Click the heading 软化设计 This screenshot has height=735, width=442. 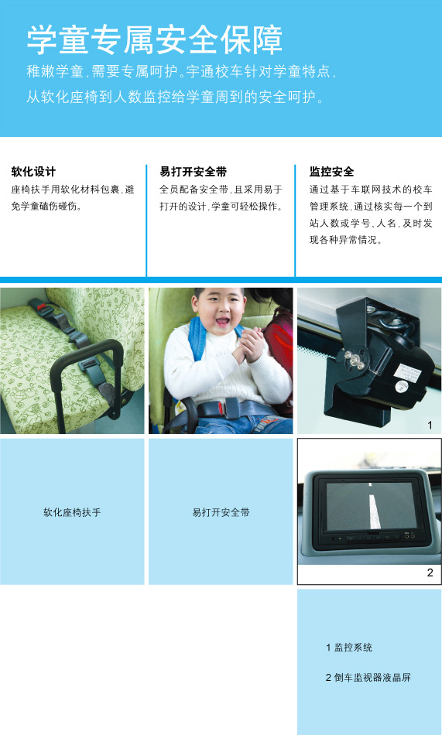click(x=33, y=171)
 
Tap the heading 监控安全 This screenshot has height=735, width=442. click(x=331, y=171)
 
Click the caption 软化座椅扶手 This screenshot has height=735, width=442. click(x=72, y=512)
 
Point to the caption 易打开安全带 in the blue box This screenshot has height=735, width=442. click(x=221, y=512)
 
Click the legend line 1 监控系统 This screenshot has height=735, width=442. click(x=349, y=647)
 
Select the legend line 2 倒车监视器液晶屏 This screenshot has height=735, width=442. click(x=368, y=678)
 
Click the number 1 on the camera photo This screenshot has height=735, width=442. click(x=430, y=426)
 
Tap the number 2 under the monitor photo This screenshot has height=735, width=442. click(x=430, y=573)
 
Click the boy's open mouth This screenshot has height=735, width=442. click(x=222, y=318)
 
